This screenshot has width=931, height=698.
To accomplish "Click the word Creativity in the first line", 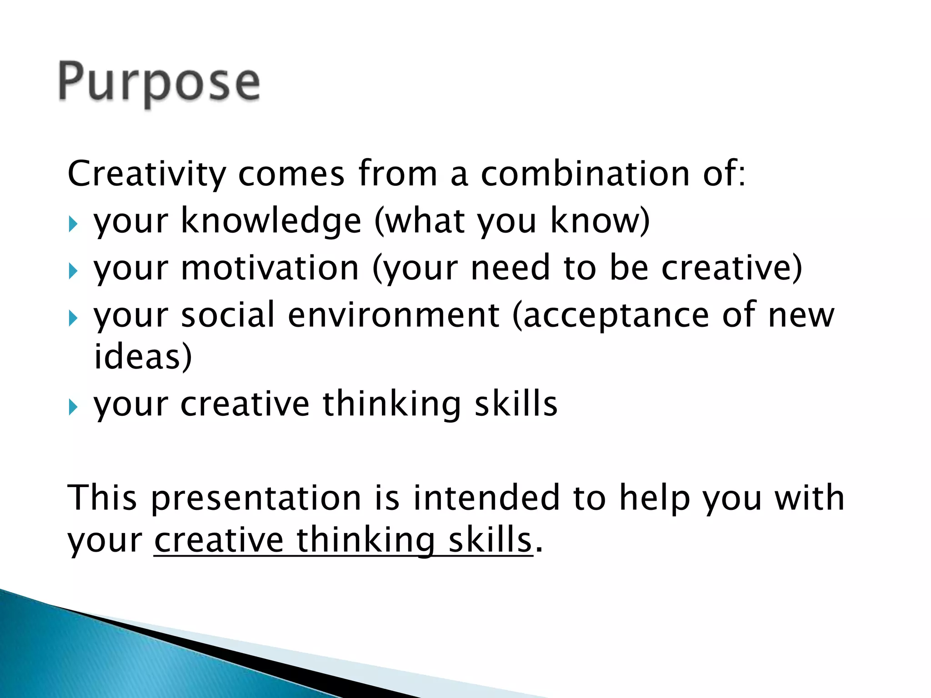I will (146, 174).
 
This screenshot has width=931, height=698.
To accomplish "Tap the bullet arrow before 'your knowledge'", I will (73, 224).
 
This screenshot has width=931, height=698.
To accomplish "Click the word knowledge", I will (271, 221).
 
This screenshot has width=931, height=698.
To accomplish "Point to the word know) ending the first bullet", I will (600, 221).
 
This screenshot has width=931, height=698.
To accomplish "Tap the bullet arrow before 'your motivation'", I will (73, 271).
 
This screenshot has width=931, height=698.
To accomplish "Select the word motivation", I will (270, 268).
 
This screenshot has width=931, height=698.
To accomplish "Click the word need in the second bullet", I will (511, 268).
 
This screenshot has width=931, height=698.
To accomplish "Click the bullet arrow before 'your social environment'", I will (73, 318).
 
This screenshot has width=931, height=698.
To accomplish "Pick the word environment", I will (394, 315).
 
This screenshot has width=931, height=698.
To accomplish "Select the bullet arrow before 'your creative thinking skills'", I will (73, 407).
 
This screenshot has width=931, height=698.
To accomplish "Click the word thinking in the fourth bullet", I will (392, 404).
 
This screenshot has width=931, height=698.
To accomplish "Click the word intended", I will (486, 498).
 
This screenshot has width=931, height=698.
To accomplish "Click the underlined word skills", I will (490, 540).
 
